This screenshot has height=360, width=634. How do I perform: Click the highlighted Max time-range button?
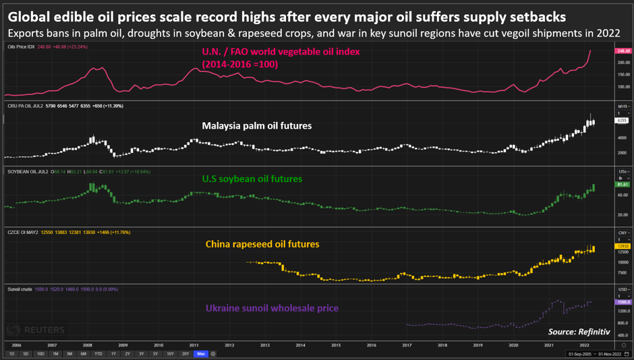point(200,354)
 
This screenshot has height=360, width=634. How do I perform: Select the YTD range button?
point(98,354)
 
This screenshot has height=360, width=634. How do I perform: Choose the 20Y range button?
point(185,354)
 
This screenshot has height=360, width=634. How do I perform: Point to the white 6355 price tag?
point(622,120)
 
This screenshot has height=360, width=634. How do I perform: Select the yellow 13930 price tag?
point(622,247)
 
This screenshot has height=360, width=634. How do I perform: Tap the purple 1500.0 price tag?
point(622,303)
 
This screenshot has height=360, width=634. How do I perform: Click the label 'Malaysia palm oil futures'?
point(256,125)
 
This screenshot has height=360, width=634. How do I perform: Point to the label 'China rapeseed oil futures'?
point(262,244)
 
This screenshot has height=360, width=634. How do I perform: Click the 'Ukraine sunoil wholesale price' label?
point(271,308)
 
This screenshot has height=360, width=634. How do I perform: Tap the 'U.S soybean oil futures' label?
point(252,179)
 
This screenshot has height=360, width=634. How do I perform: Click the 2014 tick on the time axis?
point(300,344)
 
